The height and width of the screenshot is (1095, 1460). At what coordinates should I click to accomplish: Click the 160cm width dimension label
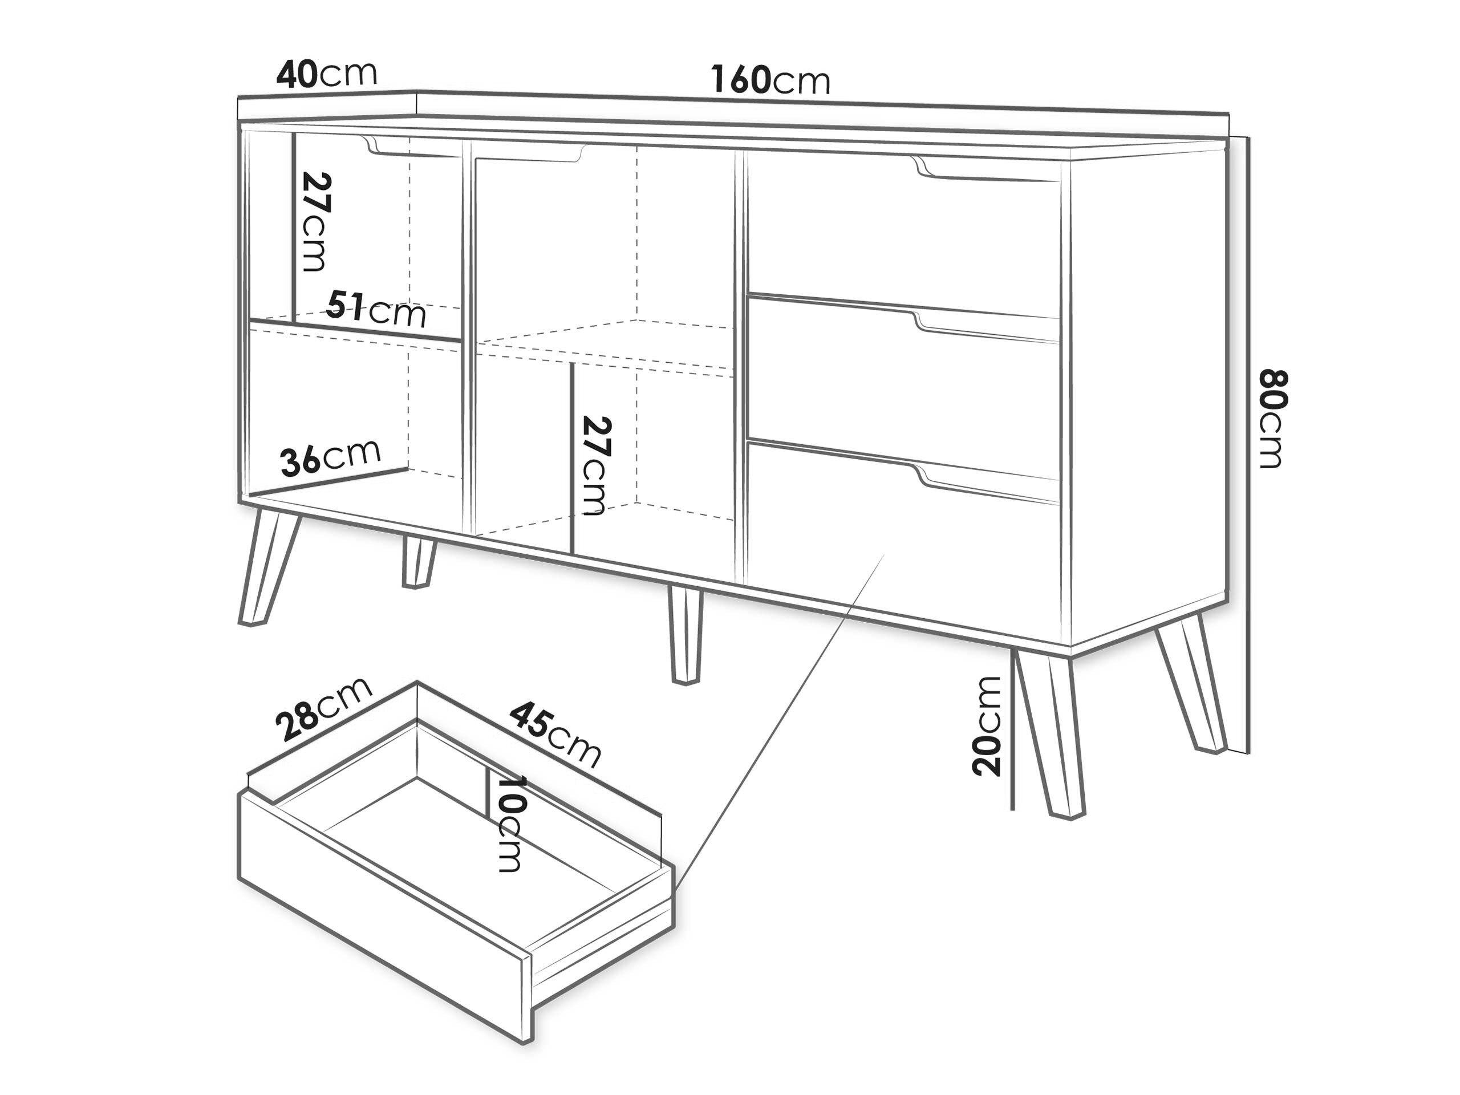[x=770, y=80]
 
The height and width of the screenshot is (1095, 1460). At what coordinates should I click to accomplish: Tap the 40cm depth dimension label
[x=326, y=74]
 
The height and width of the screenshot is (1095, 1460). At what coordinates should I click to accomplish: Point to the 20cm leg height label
[x=987, y=725]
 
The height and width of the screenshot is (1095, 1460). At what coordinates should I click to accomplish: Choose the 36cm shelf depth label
[x=331, y=457]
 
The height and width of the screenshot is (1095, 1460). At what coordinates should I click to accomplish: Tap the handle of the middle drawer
[x=986, y=327]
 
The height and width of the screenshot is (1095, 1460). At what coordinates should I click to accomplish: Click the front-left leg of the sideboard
[x=269, y=567]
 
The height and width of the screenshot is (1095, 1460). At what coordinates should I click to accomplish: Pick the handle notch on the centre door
[x=528, y=152]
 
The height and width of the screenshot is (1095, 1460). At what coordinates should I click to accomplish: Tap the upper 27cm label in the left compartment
[x=315, y=221]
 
